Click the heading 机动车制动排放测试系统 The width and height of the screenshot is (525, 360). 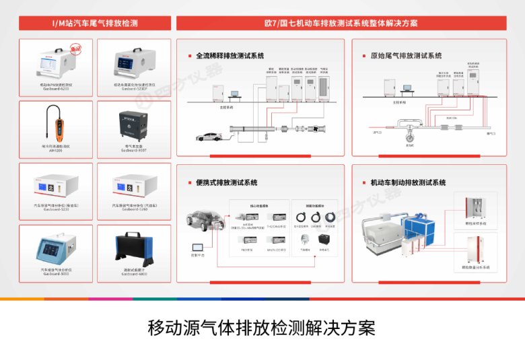coord(409,182)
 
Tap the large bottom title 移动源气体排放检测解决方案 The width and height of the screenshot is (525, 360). coord(261,328)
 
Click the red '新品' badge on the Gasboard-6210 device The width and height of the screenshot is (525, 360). coord(77,49)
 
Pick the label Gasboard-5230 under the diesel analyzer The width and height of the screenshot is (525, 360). coord(57,209)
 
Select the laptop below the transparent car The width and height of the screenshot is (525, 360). coord(199,248)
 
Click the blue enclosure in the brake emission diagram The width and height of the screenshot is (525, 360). coord(421,229)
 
